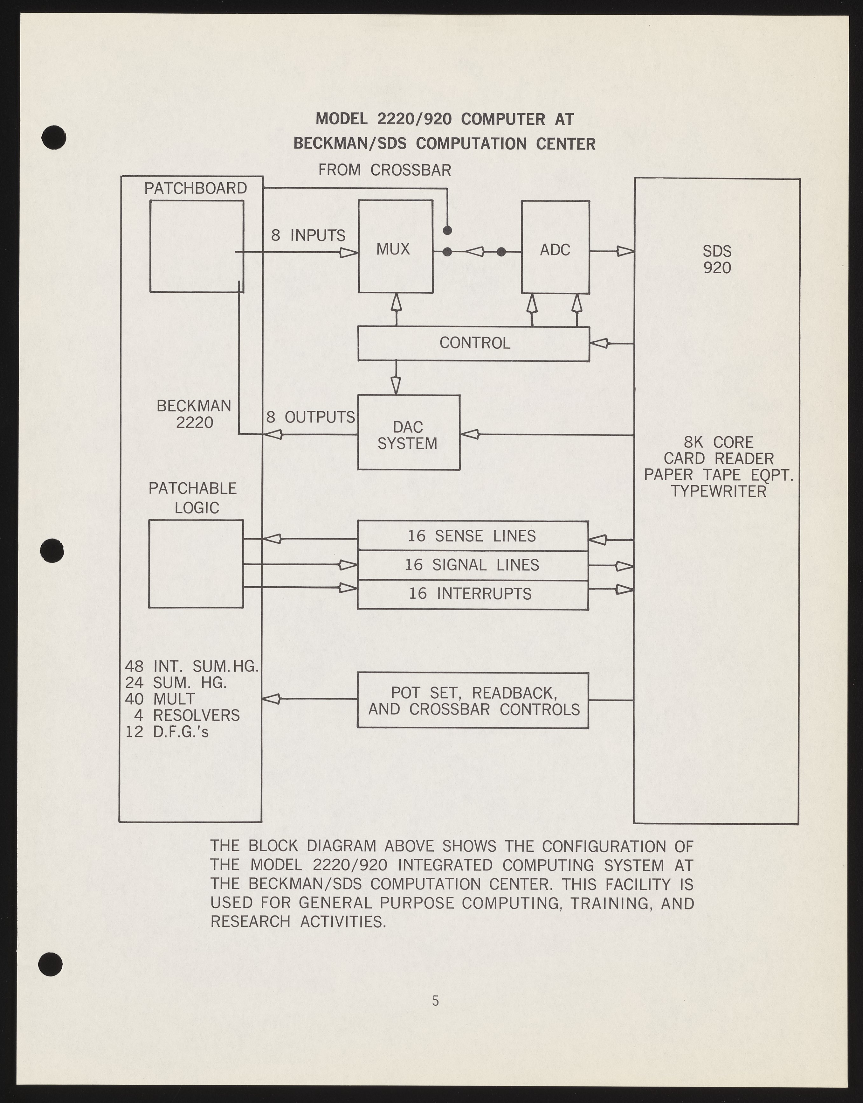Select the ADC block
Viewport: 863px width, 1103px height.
(x=555, y=248)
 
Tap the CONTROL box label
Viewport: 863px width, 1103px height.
(x=474, y=343)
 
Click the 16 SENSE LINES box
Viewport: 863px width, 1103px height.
(x=473, y=535)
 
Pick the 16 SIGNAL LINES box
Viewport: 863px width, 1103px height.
(x=473, y=565)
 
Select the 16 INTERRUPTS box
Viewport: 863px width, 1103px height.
(x=473, y=593)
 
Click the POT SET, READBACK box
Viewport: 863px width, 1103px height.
(x=473, y=701)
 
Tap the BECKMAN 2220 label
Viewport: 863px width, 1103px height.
(x=194, y=414)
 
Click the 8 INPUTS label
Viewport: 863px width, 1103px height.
(x=308, y=235)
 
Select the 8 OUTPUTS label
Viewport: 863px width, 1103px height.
(x=311, y=417)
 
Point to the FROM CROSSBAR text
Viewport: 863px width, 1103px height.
(x=384, y=170)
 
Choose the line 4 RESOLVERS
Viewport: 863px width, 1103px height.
(x=187, y=715)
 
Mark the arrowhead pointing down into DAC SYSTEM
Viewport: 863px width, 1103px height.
(x=396, y=386)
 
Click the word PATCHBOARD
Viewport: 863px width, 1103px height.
(x=196, y=188)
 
